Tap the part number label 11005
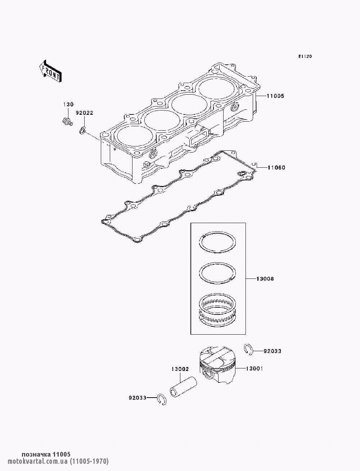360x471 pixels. click(275, 96)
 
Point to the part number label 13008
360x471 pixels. click(265, 279)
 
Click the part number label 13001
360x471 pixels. click(254, 368)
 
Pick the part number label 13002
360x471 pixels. click(180, 369)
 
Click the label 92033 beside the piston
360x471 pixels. click(272, 351)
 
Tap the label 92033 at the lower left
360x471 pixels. click(138, 398)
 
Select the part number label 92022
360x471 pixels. click(84, 113)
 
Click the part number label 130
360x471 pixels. click(68, 104)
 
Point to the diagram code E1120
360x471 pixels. click(305, 56)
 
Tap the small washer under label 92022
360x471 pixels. click(82, 130)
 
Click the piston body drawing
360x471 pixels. click(217, 365)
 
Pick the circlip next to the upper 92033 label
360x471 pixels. click(248, 349)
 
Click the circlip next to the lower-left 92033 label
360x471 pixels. click(162, 399)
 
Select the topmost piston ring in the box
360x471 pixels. click(218, 242)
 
